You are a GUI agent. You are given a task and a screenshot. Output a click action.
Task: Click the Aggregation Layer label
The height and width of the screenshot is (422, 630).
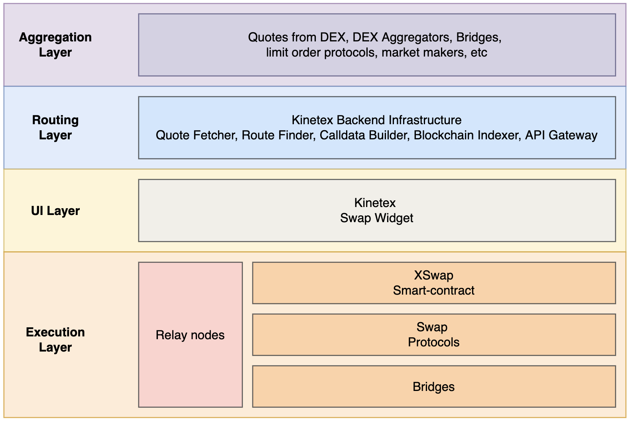55,45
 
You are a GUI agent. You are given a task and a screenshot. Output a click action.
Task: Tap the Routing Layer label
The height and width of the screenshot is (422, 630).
55,127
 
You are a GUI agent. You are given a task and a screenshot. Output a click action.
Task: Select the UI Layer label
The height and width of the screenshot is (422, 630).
55,211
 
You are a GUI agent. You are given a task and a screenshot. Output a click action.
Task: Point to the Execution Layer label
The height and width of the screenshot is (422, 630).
55,340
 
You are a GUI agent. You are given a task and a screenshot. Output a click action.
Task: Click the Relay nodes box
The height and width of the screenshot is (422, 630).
190,335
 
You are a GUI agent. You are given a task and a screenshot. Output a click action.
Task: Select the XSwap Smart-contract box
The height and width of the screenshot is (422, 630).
433,283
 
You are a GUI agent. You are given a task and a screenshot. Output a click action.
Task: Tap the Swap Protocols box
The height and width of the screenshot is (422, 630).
433,334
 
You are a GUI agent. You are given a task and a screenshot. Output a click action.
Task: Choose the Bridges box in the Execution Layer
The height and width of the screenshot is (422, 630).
433,387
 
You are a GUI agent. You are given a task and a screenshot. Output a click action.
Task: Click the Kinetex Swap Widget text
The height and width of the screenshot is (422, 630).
376,210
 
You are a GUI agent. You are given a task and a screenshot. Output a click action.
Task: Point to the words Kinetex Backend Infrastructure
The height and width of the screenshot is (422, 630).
376,120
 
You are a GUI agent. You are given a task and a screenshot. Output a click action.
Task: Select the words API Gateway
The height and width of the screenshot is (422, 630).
561,135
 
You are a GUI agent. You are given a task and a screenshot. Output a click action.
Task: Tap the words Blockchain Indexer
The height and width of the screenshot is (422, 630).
467,135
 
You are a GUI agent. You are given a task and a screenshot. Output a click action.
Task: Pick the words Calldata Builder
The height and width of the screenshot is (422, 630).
364,135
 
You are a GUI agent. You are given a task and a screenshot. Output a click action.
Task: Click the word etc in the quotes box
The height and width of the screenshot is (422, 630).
479,53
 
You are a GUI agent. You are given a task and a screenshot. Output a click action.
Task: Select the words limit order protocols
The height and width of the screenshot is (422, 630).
320,53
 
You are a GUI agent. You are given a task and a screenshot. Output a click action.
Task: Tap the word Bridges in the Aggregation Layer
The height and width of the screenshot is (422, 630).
478,37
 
